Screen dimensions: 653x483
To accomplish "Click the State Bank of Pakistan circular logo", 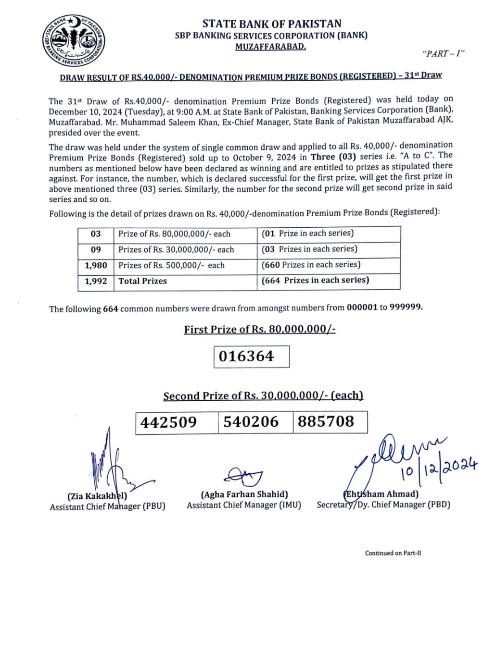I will (74, 40).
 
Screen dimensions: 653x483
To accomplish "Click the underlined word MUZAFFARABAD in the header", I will (270, 47).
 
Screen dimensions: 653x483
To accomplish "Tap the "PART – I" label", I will (443, 53).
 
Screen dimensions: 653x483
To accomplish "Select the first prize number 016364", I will (246, 357).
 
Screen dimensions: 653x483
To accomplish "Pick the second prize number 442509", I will (169, 422).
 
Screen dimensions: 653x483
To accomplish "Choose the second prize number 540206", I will (251, 422).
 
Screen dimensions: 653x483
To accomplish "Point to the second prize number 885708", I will (326, 421).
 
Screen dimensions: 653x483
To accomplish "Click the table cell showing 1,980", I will (96, 265).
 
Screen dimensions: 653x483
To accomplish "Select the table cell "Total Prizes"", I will (143, 281).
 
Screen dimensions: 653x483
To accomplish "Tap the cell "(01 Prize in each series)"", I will (308, 233).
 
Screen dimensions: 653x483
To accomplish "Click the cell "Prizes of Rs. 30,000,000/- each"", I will (176, 250).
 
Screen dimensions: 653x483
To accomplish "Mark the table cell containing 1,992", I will (96, 281).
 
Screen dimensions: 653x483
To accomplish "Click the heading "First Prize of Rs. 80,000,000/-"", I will (259, 330).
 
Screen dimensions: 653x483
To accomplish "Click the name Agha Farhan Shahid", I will (244, 494).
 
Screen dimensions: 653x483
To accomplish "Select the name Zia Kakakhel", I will (98, 496).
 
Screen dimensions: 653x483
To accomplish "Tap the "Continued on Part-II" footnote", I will (393, 553).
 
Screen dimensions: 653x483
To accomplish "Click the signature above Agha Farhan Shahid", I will (243, 476).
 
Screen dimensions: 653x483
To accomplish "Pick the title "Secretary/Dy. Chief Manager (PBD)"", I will (383, 505).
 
